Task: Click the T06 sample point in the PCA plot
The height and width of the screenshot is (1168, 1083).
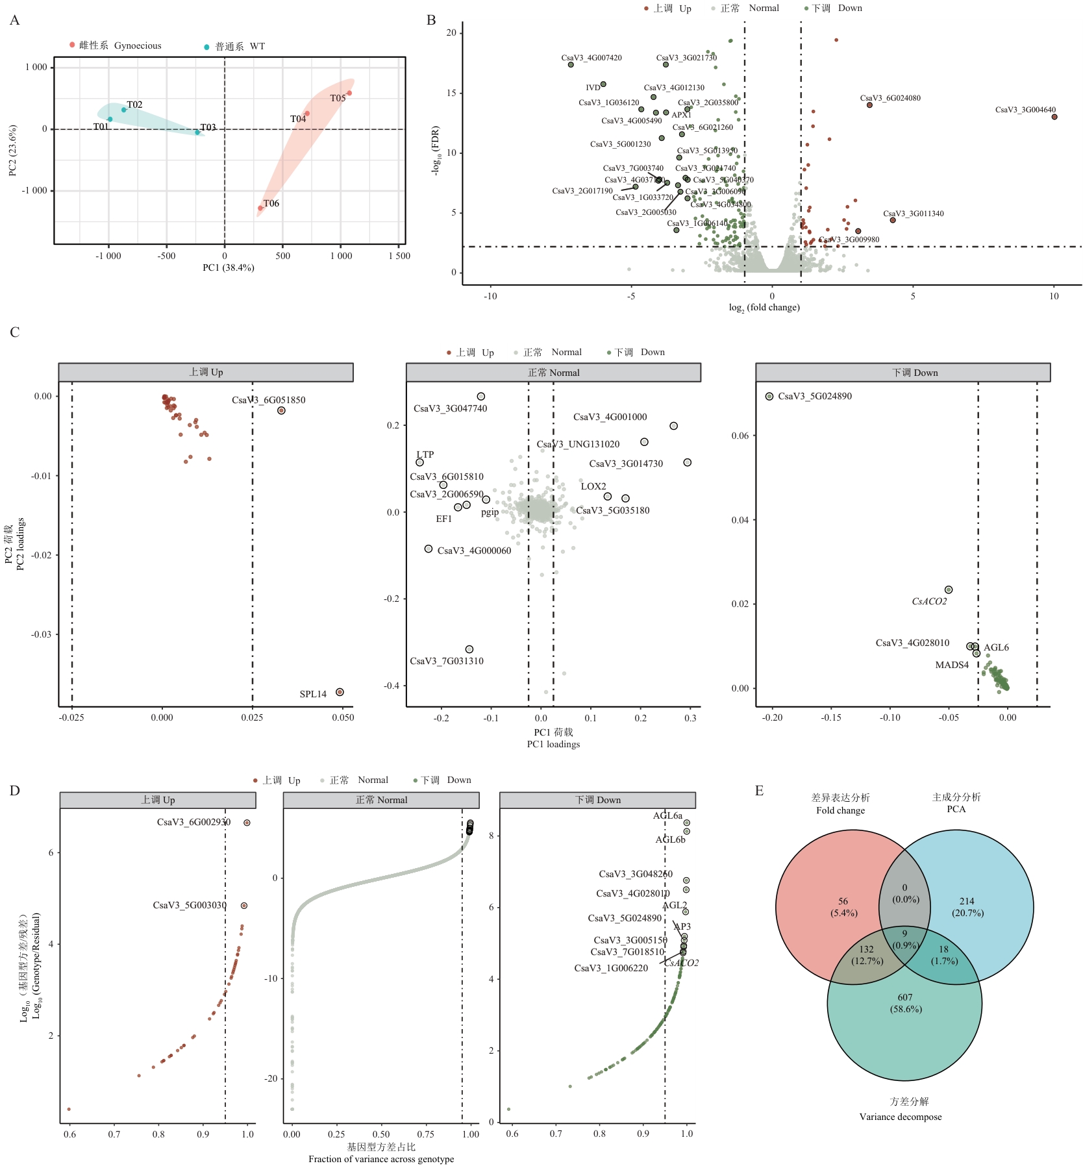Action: pos(260,208)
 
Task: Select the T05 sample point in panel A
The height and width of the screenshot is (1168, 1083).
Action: pos(349,93)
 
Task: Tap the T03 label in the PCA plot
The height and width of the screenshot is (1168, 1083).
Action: pos(208,127)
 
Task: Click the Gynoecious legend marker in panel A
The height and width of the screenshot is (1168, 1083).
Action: pos(72,45)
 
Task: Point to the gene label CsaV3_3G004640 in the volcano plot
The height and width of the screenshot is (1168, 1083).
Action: pos(1025,110)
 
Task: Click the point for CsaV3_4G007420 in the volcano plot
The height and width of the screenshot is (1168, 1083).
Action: pos(571,65)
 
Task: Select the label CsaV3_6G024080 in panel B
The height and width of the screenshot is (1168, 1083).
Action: pos(890,98)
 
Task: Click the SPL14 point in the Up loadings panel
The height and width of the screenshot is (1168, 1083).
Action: pos(340,692)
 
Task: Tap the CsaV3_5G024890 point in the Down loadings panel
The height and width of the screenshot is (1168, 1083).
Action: pos(769,396)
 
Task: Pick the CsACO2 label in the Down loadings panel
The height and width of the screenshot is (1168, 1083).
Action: pos(929,601)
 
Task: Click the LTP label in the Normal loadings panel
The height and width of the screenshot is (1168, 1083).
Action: pos(425,454)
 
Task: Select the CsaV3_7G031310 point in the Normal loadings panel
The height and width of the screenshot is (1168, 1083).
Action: pos(469,649)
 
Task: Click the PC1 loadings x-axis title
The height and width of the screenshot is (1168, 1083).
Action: pos(553,744)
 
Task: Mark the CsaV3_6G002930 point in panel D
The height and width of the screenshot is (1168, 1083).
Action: pos(247,823)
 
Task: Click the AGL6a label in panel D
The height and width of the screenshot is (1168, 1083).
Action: pos(667,815)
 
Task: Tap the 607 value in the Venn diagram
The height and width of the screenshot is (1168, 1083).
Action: pos(905,997)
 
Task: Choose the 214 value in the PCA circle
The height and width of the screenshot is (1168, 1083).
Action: pos(967,901)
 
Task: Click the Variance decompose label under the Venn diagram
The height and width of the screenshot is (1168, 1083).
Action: pos(901,1117)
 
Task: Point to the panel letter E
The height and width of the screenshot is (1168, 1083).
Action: pos(759,791)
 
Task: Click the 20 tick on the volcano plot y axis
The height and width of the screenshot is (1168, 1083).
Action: pos(451,32)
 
